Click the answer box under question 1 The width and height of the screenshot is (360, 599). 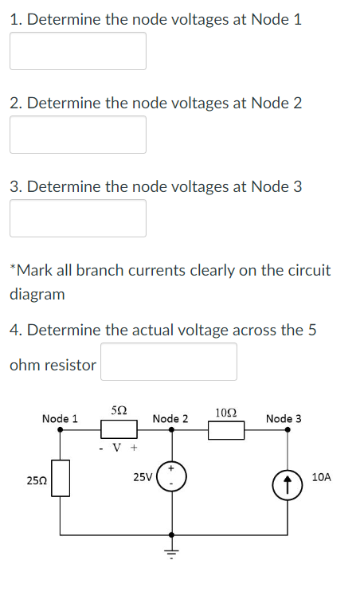pos(78,51)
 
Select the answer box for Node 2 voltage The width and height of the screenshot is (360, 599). pos(78,135)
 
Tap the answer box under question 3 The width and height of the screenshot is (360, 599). pos(78,218)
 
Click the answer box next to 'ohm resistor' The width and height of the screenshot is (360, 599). pos(168,362)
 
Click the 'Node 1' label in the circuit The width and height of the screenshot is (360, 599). pos(60,418)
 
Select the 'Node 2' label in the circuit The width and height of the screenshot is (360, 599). pos(170,418)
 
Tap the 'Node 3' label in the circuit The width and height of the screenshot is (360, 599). pos(284,418)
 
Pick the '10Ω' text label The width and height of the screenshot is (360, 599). pos(225,412)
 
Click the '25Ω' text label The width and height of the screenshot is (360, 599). pos(35,480)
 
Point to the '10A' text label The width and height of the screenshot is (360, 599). pos(322,477)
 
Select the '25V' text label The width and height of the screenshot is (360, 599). pos(143,477)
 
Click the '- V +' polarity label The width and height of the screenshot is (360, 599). pos(119,447)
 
